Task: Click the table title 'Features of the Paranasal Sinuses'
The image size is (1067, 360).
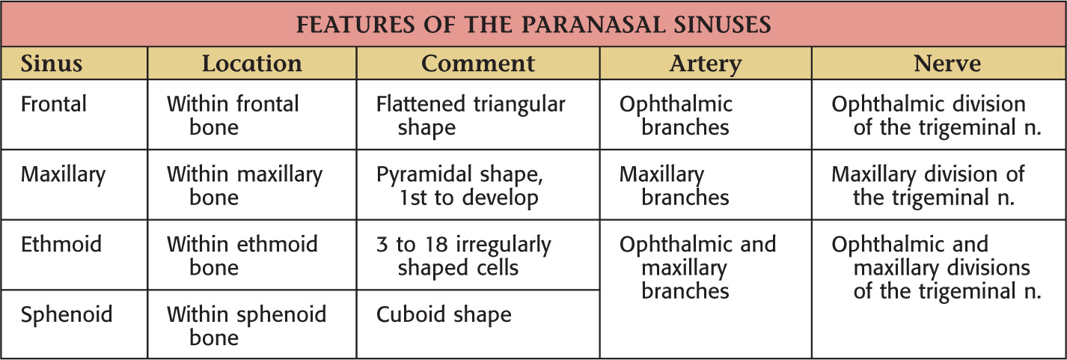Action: pos(533,24)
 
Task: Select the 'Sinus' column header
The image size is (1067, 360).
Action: pos(52,64)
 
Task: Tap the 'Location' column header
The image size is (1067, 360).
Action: pos(252,64)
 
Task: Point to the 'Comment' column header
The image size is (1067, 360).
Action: pos(478,64)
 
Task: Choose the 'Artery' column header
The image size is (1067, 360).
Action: pos(706,64)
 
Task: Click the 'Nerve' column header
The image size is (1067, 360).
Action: pos(947,64)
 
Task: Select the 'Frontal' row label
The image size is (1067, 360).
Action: pos(54,104)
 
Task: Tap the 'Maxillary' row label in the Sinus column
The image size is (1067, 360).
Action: pos(63,175)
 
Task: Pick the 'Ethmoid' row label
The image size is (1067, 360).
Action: pos(61,244)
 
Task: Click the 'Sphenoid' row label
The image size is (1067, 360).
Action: pos(67,315)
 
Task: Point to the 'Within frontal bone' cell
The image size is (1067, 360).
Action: pos(233,116)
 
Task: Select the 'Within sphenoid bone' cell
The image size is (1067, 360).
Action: pos(247,326)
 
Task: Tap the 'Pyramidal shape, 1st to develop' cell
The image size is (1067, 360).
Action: pos(459,186)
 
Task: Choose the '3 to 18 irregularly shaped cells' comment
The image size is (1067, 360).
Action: pos(463,257)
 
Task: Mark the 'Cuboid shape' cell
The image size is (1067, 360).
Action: pos(444,315)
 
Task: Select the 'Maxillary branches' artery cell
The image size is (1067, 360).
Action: pos(674,186)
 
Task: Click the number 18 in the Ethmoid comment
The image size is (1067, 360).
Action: pos(437,245)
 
